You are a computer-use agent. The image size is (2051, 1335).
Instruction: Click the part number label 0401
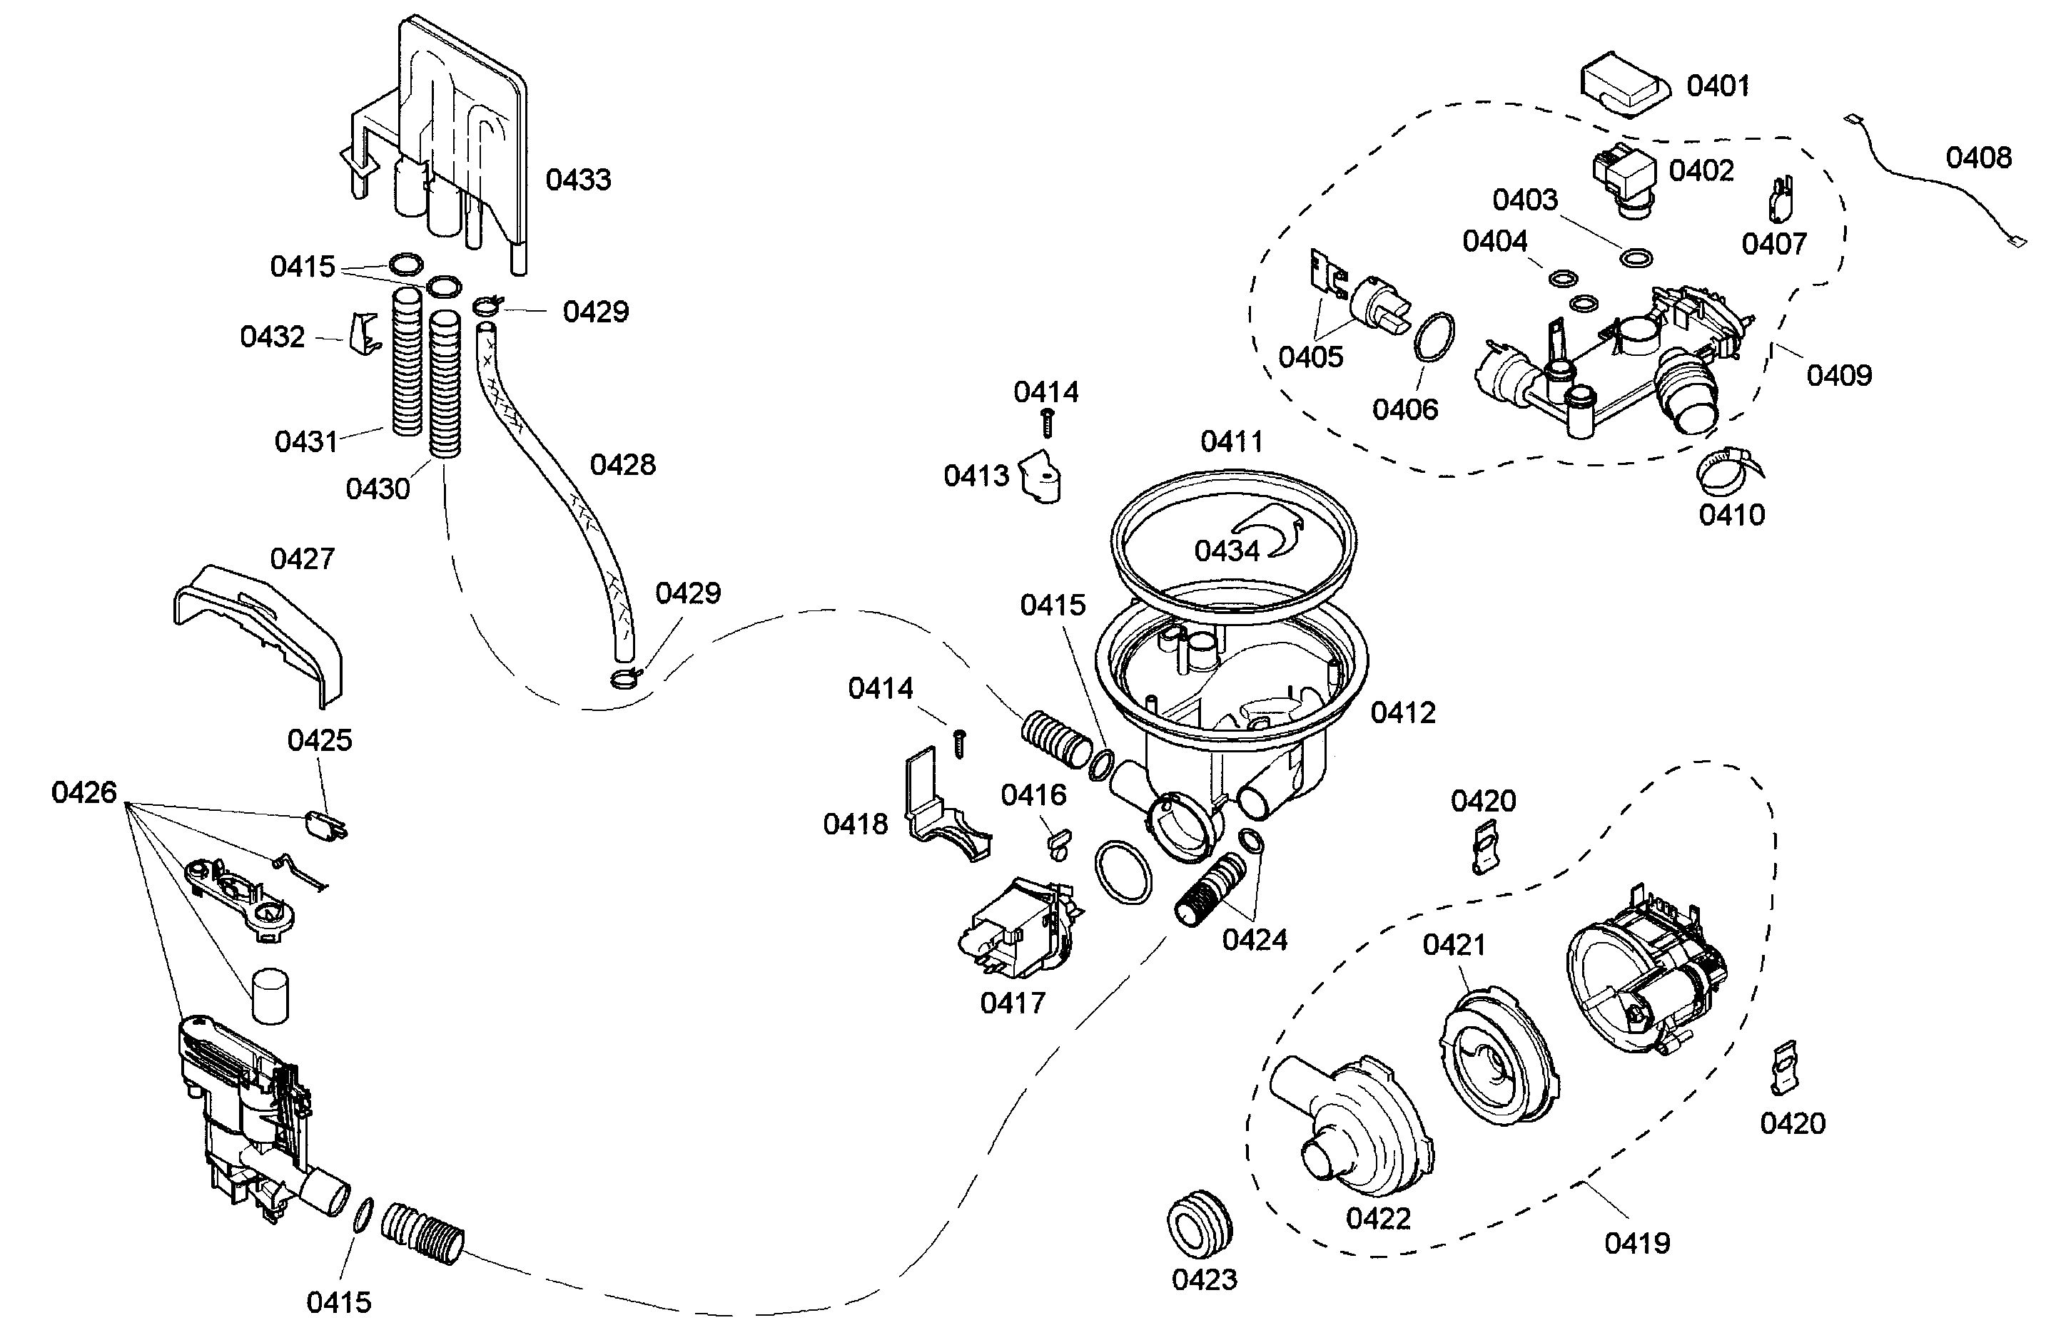pos(1718,86)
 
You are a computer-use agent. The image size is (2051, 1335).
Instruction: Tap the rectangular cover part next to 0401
pos(1623,86)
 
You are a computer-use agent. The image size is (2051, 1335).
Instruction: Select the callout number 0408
pos(1979,158)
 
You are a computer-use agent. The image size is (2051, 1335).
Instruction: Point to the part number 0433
pos(578,180)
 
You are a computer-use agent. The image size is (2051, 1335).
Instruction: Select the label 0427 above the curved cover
pos(302,559)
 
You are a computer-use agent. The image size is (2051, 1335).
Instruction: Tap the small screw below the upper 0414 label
pos(1047,423)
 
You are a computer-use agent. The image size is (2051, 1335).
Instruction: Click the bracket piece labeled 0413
pos(1040,477)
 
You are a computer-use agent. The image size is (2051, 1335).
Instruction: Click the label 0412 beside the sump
pos(1403,713)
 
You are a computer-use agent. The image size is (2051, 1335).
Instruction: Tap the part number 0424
pos(1254,940)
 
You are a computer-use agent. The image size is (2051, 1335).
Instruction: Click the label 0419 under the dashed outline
pos(1636,1244)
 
